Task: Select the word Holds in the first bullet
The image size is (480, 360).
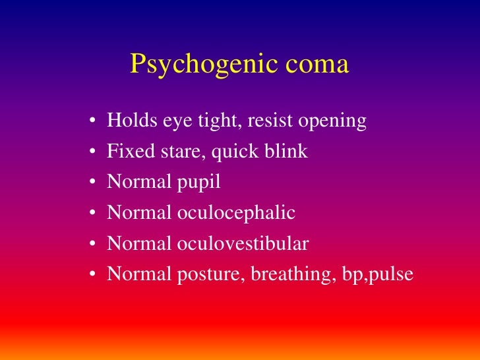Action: [127, 121]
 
